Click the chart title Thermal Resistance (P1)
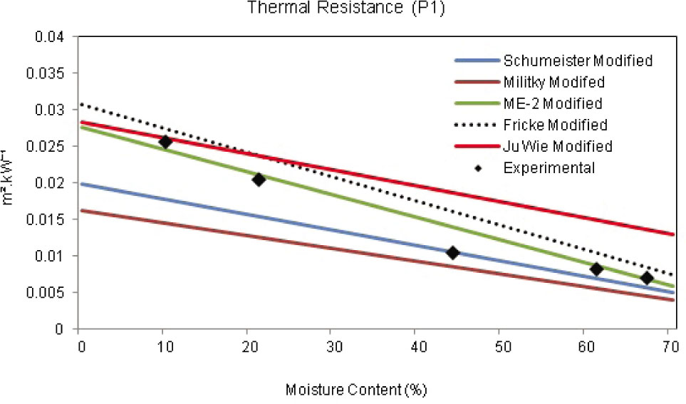click(343, 8)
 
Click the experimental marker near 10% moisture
click(165, 142)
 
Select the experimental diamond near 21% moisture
click(259, 180)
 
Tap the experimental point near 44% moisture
click(452, 253)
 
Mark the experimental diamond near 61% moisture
click(597, 269)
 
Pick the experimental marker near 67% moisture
click(647, 278)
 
